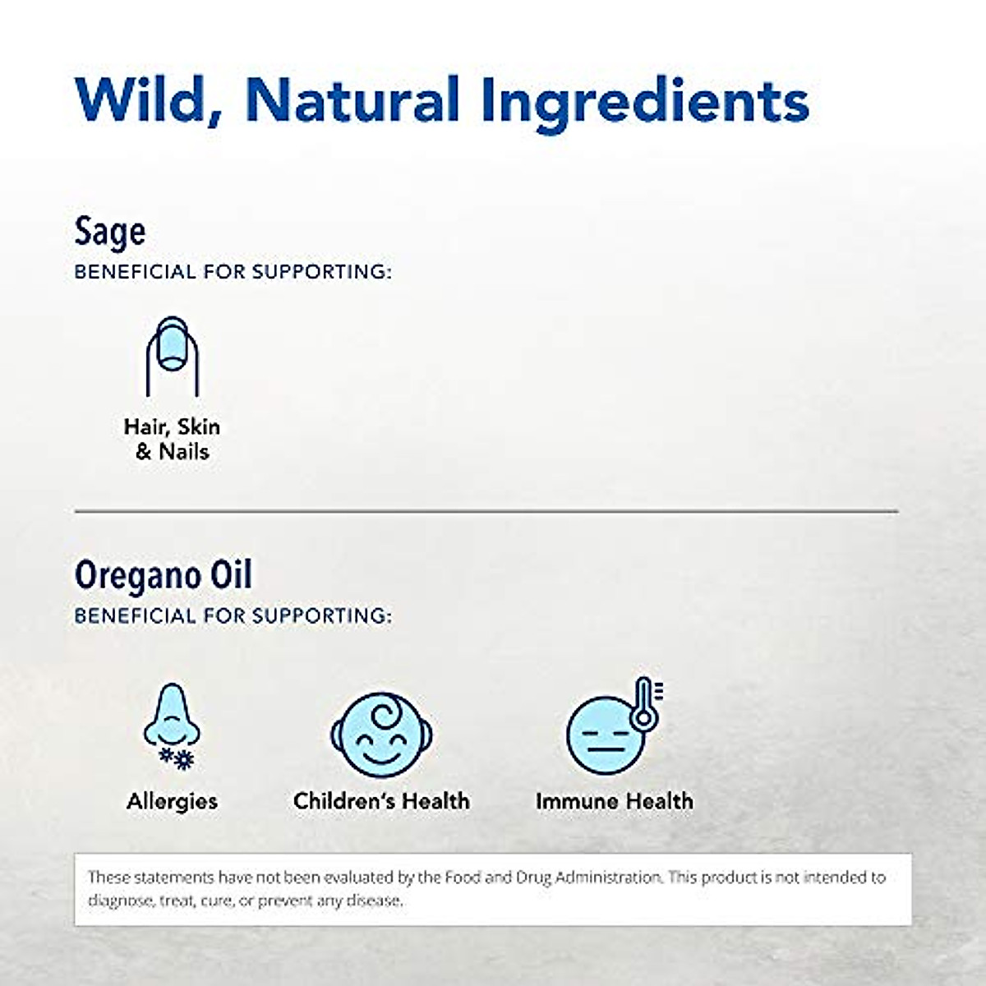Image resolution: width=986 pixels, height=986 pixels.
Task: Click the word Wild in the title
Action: [x=145, y=100]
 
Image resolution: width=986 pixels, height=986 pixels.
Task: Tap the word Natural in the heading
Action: [x=352, y=100]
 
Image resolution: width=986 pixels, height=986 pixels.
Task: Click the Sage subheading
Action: [x=109, y=232]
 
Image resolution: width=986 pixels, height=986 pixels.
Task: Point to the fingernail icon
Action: [x=172, y=355]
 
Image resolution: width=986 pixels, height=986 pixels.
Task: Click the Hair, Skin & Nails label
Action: [x=172, y=439]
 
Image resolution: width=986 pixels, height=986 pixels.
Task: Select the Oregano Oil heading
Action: [x=163, y=574]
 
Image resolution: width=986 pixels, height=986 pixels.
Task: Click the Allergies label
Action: [x=172, y=801]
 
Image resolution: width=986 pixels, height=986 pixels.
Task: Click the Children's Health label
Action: [x=381, y=801]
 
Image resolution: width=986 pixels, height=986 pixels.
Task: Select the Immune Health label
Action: [x=614, y=801]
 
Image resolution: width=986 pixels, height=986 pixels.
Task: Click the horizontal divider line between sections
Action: [x=486, y=511]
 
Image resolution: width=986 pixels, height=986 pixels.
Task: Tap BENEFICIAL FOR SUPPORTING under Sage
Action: [x=233, y=272]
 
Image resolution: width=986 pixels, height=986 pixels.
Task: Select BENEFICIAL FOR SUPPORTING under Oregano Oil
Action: [x=233, y=615]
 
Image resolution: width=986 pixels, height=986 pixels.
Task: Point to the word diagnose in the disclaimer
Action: [x=120, y=901]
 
